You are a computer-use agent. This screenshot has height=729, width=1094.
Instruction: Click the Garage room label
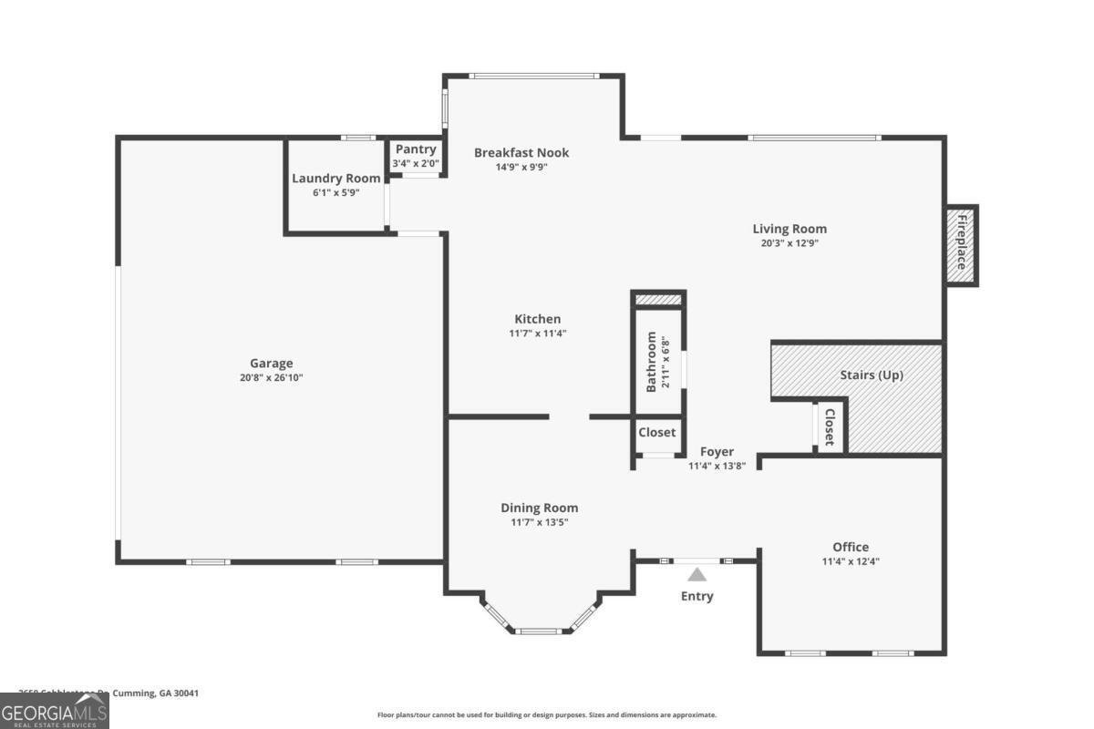coord(272,364)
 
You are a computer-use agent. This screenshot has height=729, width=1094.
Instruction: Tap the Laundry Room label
coord(335,179)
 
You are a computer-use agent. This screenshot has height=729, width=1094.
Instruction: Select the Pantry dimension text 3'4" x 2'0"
coord(416,164)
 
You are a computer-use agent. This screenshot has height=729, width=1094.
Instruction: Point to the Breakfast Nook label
coord(521,152)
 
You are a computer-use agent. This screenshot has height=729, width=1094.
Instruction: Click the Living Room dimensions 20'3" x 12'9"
coord(790,243)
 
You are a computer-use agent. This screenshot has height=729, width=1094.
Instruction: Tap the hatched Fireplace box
coord(961,243)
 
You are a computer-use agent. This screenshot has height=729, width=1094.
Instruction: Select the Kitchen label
coord(538,319)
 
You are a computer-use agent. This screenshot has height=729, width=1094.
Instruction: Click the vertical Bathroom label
coord(652,362)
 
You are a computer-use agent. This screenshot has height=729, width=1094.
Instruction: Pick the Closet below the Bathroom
coord(656,433)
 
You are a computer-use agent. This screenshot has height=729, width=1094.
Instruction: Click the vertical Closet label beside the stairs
coord(829,426)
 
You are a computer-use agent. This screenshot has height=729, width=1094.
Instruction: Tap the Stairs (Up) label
coord(871,375)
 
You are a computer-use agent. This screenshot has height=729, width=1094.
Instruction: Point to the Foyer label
coord(717,452)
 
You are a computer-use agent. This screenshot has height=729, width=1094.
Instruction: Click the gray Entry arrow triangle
coord(697,575)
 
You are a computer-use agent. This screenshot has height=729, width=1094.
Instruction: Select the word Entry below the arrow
coord(697,597)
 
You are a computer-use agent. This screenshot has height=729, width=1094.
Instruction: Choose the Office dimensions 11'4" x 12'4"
coord(851,562)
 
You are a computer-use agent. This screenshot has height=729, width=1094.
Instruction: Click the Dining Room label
coord(539,508)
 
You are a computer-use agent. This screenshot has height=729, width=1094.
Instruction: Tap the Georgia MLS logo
coord(55,711)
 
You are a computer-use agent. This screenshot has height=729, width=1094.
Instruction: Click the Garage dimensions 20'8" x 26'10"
coord(272,377)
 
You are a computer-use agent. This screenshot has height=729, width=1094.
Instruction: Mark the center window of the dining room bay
coord(539,630)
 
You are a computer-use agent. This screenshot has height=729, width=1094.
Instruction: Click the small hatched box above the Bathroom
coord(658,300)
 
